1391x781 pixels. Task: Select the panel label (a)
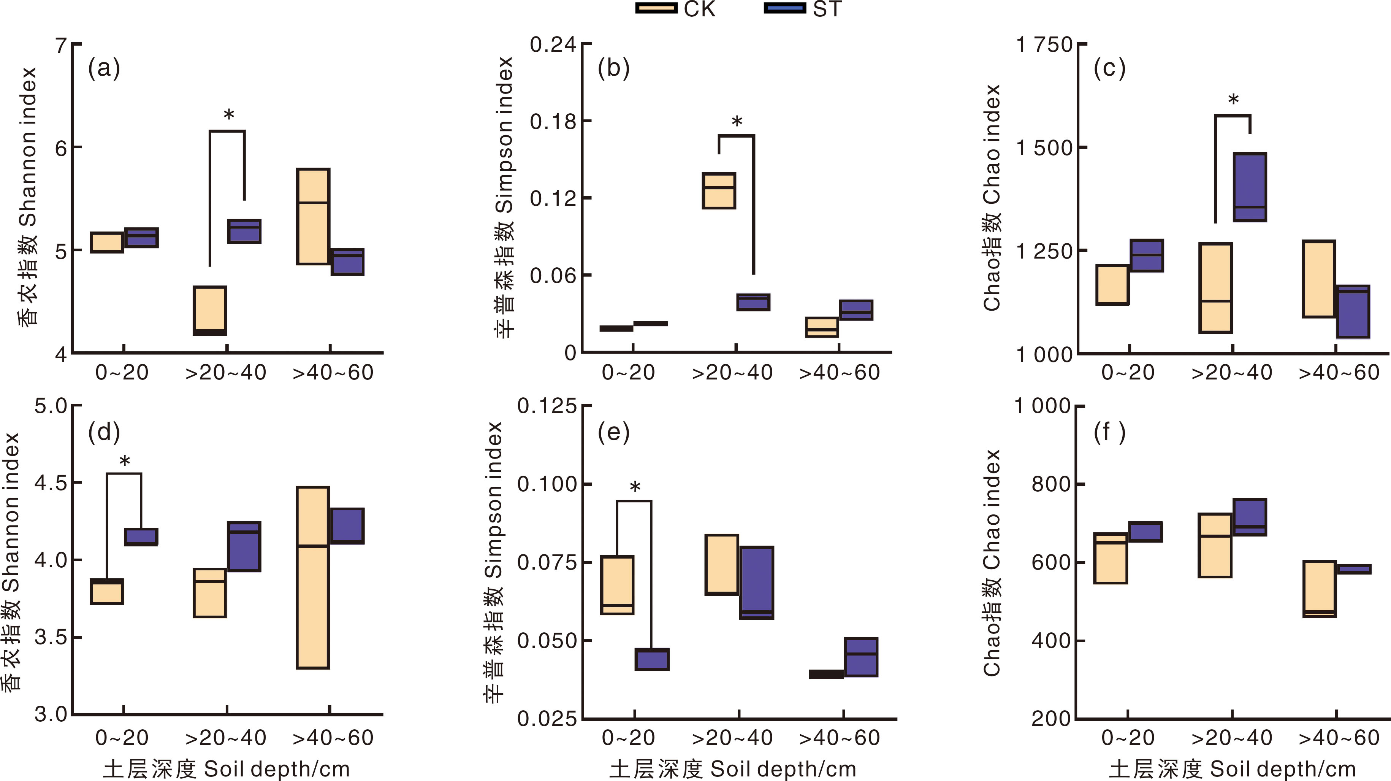tap(104, 68)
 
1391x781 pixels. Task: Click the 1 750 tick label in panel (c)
tap(1044, 44)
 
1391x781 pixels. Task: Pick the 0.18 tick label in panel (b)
tap(553, 122)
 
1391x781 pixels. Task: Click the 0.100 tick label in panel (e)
tap(547, 484)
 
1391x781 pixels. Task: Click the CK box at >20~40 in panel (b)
tap(719, 190)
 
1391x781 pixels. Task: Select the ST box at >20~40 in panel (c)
tap(1250, 187)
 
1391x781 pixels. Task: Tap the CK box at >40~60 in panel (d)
tap(313, 577)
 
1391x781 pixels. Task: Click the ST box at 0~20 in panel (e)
tap(652, 659)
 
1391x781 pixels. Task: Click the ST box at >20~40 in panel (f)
tap(1250, 517)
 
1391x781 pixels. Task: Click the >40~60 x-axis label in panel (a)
tap(333, 373)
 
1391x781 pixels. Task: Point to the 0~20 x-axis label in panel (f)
tap(1128, 738)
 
